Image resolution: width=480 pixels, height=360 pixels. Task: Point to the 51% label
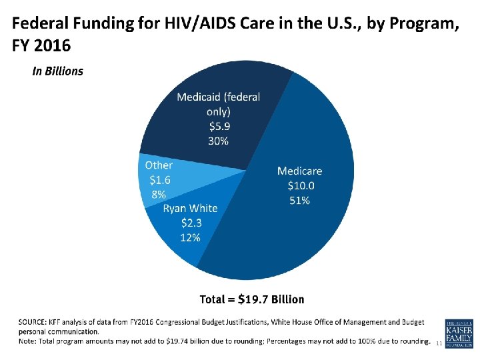pyautogui.click(x=299, y=200)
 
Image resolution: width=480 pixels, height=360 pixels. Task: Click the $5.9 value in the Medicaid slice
pyautogui.click(x=218, y=126)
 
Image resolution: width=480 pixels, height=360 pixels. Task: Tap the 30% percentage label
pyautogui.click(x=218, y=141)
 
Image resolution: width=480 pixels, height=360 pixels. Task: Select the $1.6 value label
pyautogui.click(x=160, y=179)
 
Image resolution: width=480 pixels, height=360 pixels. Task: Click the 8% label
pyautogui.click(x=159, y=195)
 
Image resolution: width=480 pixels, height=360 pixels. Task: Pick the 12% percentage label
pyautogui.click(x=189, y=237)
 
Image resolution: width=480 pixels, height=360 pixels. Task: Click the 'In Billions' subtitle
pyautogui.click(x=58, y=71)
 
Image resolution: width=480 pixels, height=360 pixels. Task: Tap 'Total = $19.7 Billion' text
pyautogui.click(x=252, y=299)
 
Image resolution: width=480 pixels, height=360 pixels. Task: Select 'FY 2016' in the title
pyautogui.click(x=41, y=47)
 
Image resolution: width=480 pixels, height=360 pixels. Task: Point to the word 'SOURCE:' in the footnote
pyautogui.click(x=32, y=323)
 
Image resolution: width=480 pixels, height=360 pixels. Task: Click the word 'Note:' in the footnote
pyautogui.click(x=28, y=341)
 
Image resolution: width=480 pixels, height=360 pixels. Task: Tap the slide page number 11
pyautogui.click(x=437, y=343)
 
